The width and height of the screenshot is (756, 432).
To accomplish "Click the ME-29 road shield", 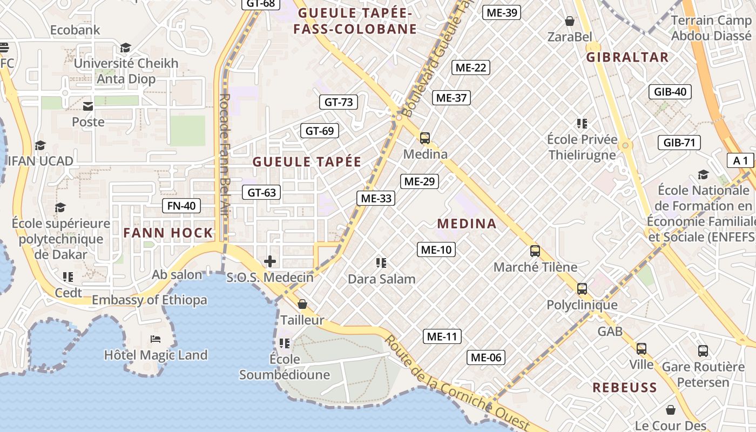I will click(x=419, y=181).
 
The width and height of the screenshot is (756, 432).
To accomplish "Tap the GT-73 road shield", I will click(x=339, y=102).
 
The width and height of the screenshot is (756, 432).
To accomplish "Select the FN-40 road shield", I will click(x=181, y=206).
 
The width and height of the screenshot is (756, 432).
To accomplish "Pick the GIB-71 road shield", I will click(x=679, y=143).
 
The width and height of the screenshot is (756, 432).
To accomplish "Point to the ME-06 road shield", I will click(x=486, y=357).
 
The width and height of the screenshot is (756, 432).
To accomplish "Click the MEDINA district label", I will click(x=467, y=224).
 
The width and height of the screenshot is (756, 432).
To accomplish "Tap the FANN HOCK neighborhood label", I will click(x=168, y=233).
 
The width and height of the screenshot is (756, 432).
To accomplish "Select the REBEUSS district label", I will click(x=625, y=387).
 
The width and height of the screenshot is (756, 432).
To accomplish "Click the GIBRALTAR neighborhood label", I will click(x=627, y=57).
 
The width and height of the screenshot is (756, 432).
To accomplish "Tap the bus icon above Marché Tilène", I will click(x=535, y=251).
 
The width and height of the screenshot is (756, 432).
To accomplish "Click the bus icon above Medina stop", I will click(x=425, y=138).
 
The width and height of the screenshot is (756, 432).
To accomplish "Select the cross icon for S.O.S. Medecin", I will click(x=270, y=262).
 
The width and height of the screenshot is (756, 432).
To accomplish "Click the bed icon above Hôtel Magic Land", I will click(x=156, y=339).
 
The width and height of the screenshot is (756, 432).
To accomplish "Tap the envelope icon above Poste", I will click(x=88, y=106).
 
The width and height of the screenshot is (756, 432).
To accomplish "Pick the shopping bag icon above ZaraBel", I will click(x=569, y=22).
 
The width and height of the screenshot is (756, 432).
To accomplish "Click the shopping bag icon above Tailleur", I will click(x=302, y=305).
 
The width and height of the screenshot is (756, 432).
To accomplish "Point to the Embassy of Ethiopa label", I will click(x=150, y=300).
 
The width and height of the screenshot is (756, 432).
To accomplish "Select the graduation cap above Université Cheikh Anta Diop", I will click(x=126, y=48).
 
